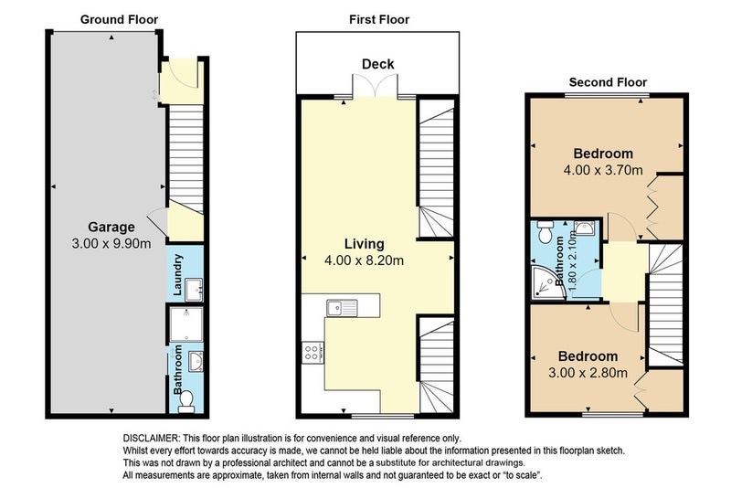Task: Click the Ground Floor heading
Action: pos(119,19)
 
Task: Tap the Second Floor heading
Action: pos(608,82)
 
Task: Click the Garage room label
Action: pos(111,227)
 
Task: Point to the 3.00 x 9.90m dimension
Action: pos(111,243)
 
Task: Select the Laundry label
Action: pos(177,274)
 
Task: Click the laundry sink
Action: pos(194,290)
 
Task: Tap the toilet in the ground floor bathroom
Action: pos(186,401)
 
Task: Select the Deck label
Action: pos(378,64)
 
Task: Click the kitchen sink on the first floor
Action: pos(342,308)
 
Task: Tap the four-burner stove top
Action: pos(313,353)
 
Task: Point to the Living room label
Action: pos(365,244)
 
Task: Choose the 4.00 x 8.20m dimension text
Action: pos(364,260)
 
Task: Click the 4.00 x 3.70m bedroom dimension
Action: pos(603,170)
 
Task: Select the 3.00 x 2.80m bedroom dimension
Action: pos(588,373)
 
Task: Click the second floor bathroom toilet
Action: pos(545,231)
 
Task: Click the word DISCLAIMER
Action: pos(151,438)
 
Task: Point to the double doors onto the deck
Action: pos(376,85)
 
